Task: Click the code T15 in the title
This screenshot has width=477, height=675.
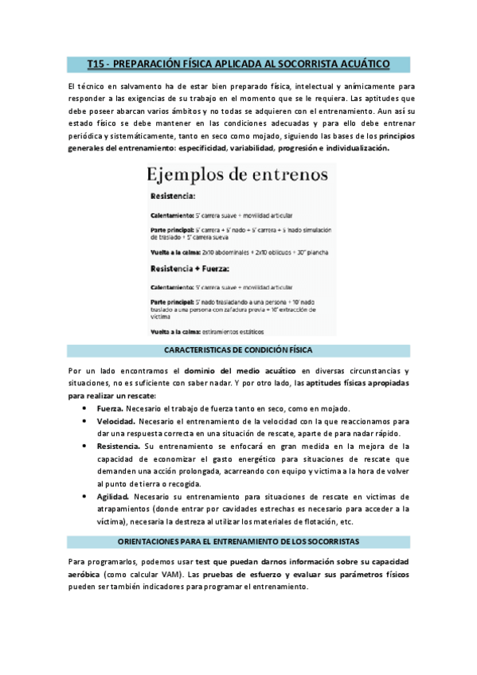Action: (x=97, y=62)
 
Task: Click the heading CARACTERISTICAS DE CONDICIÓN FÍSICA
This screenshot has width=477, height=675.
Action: (x=237, y=350)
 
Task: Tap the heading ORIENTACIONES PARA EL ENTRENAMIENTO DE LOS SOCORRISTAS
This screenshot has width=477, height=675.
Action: (x=238, y=541)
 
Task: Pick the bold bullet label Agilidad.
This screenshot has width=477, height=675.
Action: (x=114, y=497)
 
